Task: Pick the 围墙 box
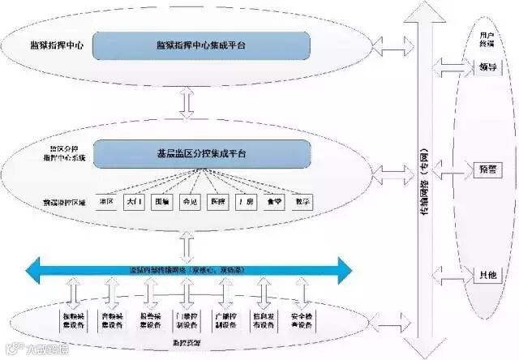tap(161, 201)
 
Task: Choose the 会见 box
tap(189, 201)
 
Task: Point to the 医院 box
tap(217, 201)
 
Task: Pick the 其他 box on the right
tap(487, 276)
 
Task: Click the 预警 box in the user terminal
tap(487, 169)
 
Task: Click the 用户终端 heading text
tap(487, 39)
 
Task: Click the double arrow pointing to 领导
tap(449, 66)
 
